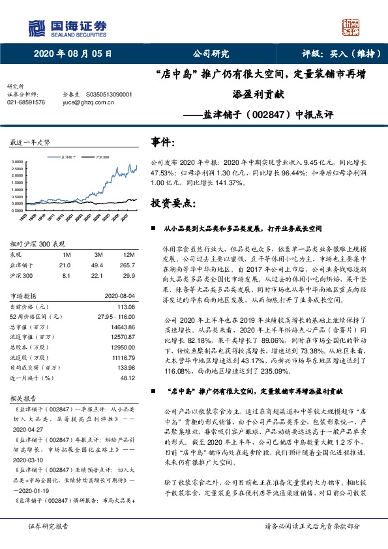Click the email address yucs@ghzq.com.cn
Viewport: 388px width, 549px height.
tap(85, 102)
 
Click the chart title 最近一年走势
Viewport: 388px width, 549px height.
tap(30, 142)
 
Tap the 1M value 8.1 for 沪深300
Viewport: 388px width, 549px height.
tap(65, 274)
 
